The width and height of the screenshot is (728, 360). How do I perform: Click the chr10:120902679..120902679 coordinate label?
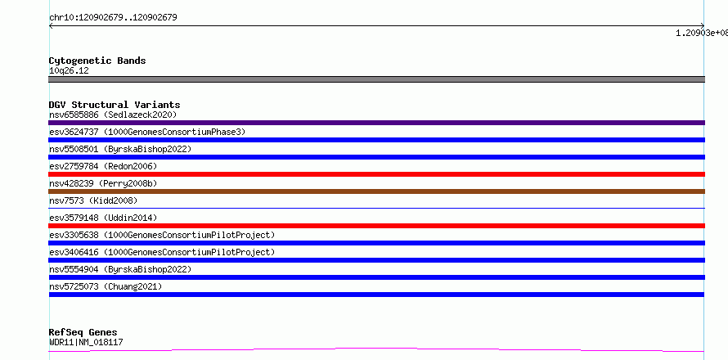pos(113,18)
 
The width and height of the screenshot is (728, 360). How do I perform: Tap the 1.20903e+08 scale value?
pos(702,33)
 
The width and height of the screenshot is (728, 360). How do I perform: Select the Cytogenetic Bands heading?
pos(97,61)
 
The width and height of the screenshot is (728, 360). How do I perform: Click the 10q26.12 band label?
pos(69,70)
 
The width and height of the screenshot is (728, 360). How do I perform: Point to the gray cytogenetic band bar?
pos(376,79)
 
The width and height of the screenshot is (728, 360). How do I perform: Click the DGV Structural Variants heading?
pos(115,105)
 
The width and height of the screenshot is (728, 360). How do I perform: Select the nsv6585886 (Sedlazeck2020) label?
pos(113,115)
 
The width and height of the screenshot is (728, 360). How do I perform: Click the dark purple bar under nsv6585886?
pos(376,123)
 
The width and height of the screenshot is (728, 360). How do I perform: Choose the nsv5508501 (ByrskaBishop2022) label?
pos(120,149)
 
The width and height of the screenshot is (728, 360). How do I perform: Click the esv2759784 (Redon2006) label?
pos(103,166)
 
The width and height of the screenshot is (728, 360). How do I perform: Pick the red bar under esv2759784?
pos(376,174)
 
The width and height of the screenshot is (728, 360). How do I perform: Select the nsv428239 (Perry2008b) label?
pos(103,183)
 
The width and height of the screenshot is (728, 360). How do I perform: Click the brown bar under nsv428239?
pos(376,191)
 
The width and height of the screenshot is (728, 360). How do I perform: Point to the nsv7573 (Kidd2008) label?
pos(93,200)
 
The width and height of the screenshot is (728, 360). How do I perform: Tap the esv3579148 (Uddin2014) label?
pos(103,218)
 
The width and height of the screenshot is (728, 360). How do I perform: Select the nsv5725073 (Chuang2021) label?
pos(106,286)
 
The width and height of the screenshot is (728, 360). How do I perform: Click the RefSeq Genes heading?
pos(83,332)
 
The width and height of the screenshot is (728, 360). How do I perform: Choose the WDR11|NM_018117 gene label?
pos(86,343)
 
